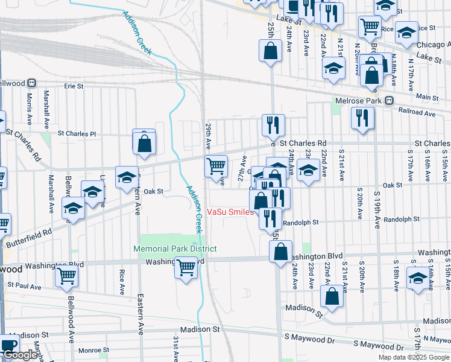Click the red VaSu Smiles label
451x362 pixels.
tap(229, 212)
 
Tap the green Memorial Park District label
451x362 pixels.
tap(175, 249)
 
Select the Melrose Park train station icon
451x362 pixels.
tap(389, 100)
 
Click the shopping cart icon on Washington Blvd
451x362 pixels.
tap(186, 266)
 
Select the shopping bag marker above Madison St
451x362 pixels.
tap(332, 296)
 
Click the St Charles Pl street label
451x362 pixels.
tap(77, 133)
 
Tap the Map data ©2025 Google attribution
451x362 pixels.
tap(413, 357)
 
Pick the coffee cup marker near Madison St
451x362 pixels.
tap(8, 346)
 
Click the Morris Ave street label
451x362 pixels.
tap(28, 105)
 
